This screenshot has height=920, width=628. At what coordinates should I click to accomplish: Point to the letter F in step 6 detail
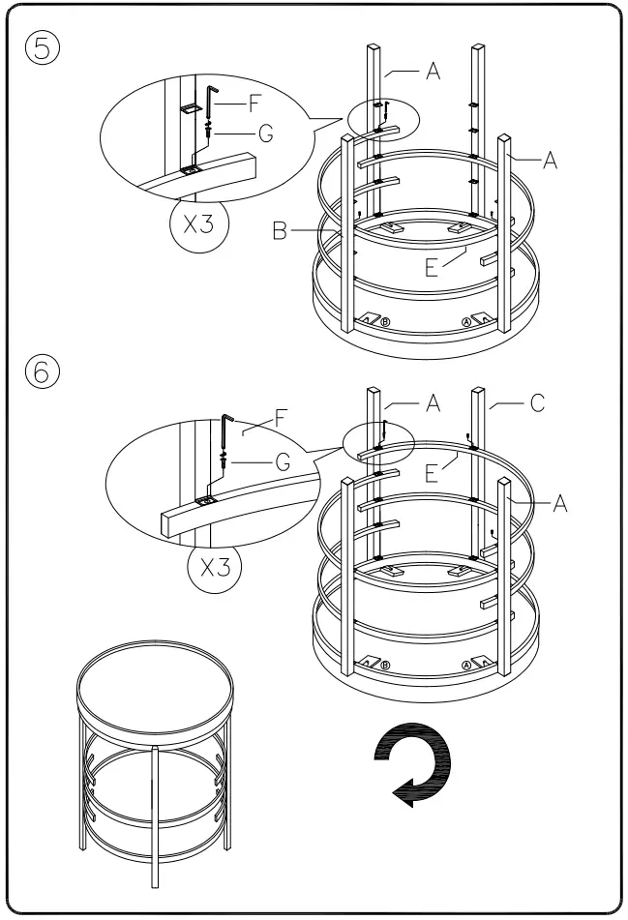point(282,420)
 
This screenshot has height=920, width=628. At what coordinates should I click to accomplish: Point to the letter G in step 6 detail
point(283,461)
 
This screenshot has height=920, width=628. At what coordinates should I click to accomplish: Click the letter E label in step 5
point(432,267)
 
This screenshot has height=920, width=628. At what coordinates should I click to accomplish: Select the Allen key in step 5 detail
point(209,100)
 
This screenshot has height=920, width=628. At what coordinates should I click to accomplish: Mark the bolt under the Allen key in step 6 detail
point(224,460)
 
